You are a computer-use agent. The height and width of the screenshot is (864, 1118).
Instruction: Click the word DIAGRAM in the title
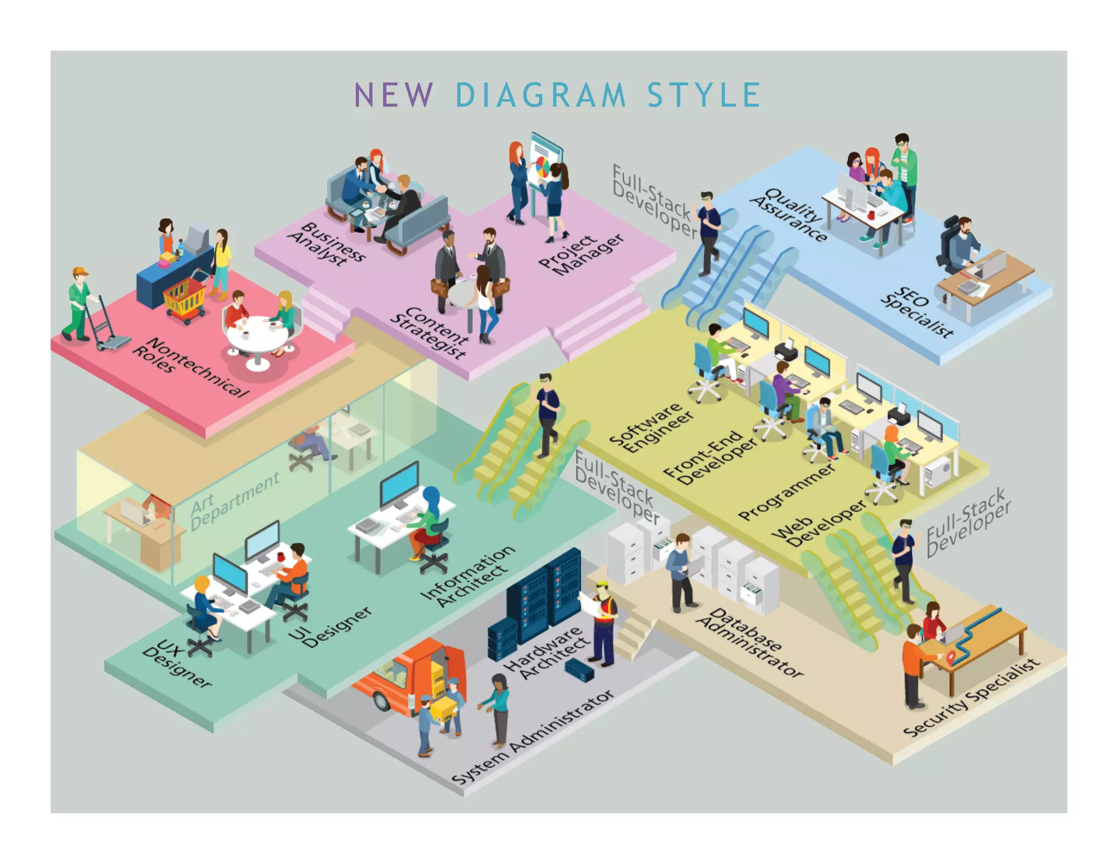coord(540,95)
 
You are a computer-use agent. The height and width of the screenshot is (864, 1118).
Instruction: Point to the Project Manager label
coord(581,254)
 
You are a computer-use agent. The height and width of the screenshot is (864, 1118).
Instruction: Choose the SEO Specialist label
coord(917,311)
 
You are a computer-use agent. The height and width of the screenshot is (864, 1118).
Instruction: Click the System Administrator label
coord(533,737)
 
